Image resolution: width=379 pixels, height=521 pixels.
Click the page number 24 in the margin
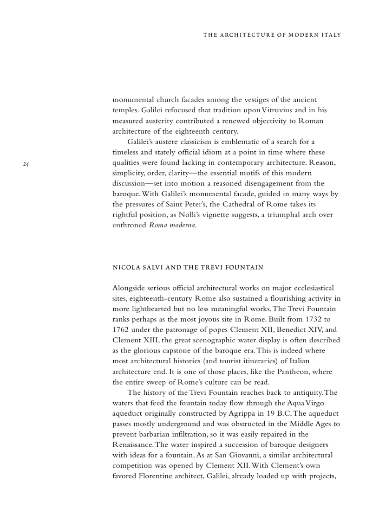click(26, 164)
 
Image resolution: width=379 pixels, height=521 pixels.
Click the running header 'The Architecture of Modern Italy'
click(272, 35)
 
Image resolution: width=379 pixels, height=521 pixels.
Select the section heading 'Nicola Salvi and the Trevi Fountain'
click(188, 267)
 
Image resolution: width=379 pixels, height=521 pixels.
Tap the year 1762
click(122, 330)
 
